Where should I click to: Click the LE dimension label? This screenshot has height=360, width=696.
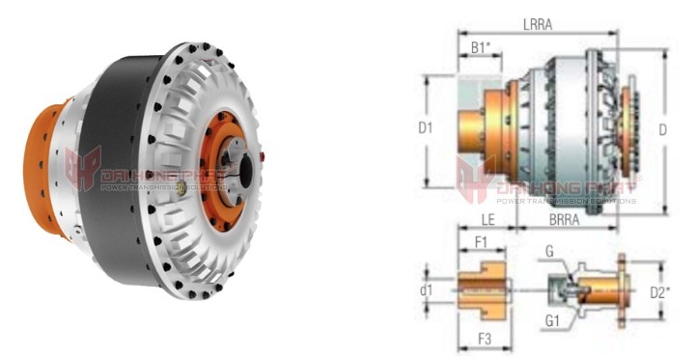click(487, 221)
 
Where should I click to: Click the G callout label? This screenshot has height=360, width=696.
click(549, 252)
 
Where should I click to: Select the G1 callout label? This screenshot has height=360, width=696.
click(552, 320)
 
